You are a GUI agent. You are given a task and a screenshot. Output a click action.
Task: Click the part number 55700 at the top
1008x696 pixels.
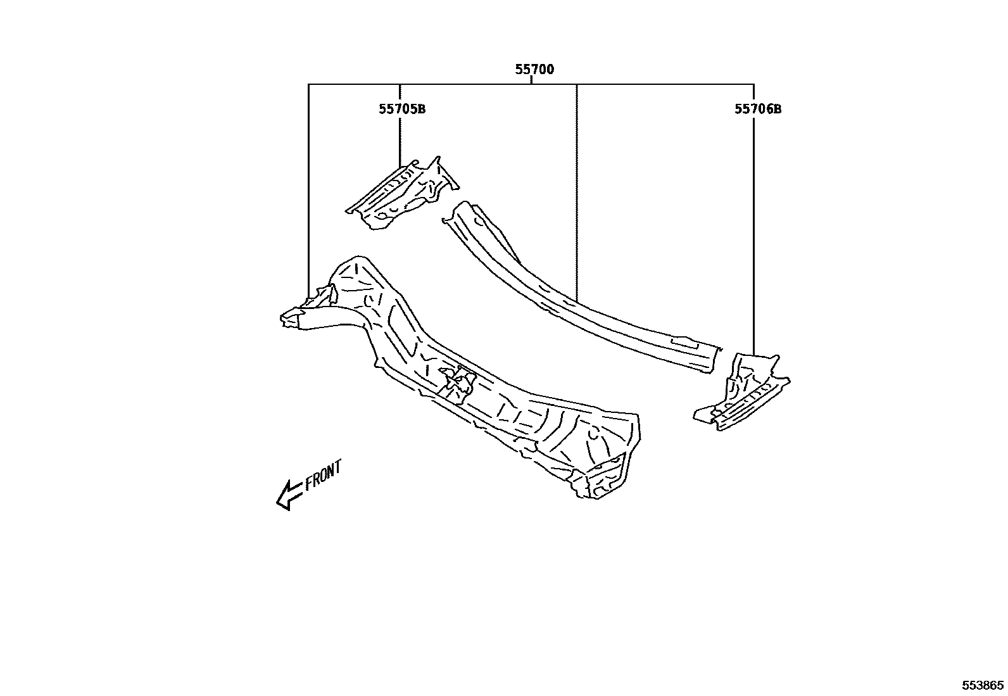tap(534, 70)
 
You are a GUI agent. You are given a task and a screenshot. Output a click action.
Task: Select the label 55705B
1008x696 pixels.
tap(402, 109)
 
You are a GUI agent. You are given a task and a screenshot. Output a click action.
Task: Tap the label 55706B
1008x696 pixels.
tap(757, 109)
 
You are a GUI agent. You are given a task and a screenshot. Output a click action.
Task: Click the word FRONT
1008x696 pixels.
tap(323, 475)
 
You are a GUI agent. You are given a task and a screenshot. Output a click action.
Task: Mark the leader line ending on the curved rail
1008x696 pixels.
tap(577, 190)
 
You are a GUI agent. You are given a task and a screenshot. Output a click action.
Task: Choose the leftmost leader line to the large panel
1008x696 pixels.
tap(308, 190)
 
